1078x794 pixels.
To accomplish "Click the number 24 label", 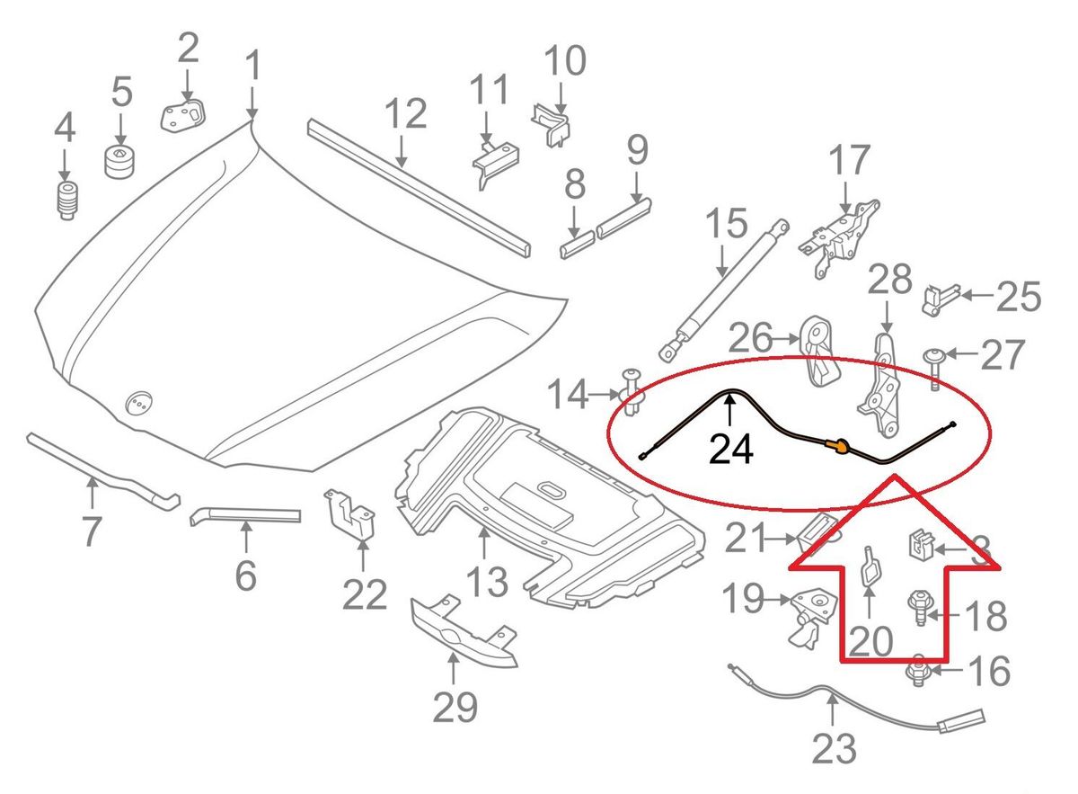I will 730,447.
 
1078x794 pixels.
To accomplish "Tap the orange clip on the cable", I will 839,443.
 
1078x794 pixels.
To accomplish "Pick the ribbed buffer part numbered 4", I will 65,200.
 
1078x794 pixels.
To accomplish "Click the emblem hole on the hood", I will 139,404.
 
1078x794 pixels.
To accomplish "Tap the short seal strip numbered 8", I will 575,242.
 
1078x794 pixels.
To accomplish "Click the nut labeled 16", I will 918,669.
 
